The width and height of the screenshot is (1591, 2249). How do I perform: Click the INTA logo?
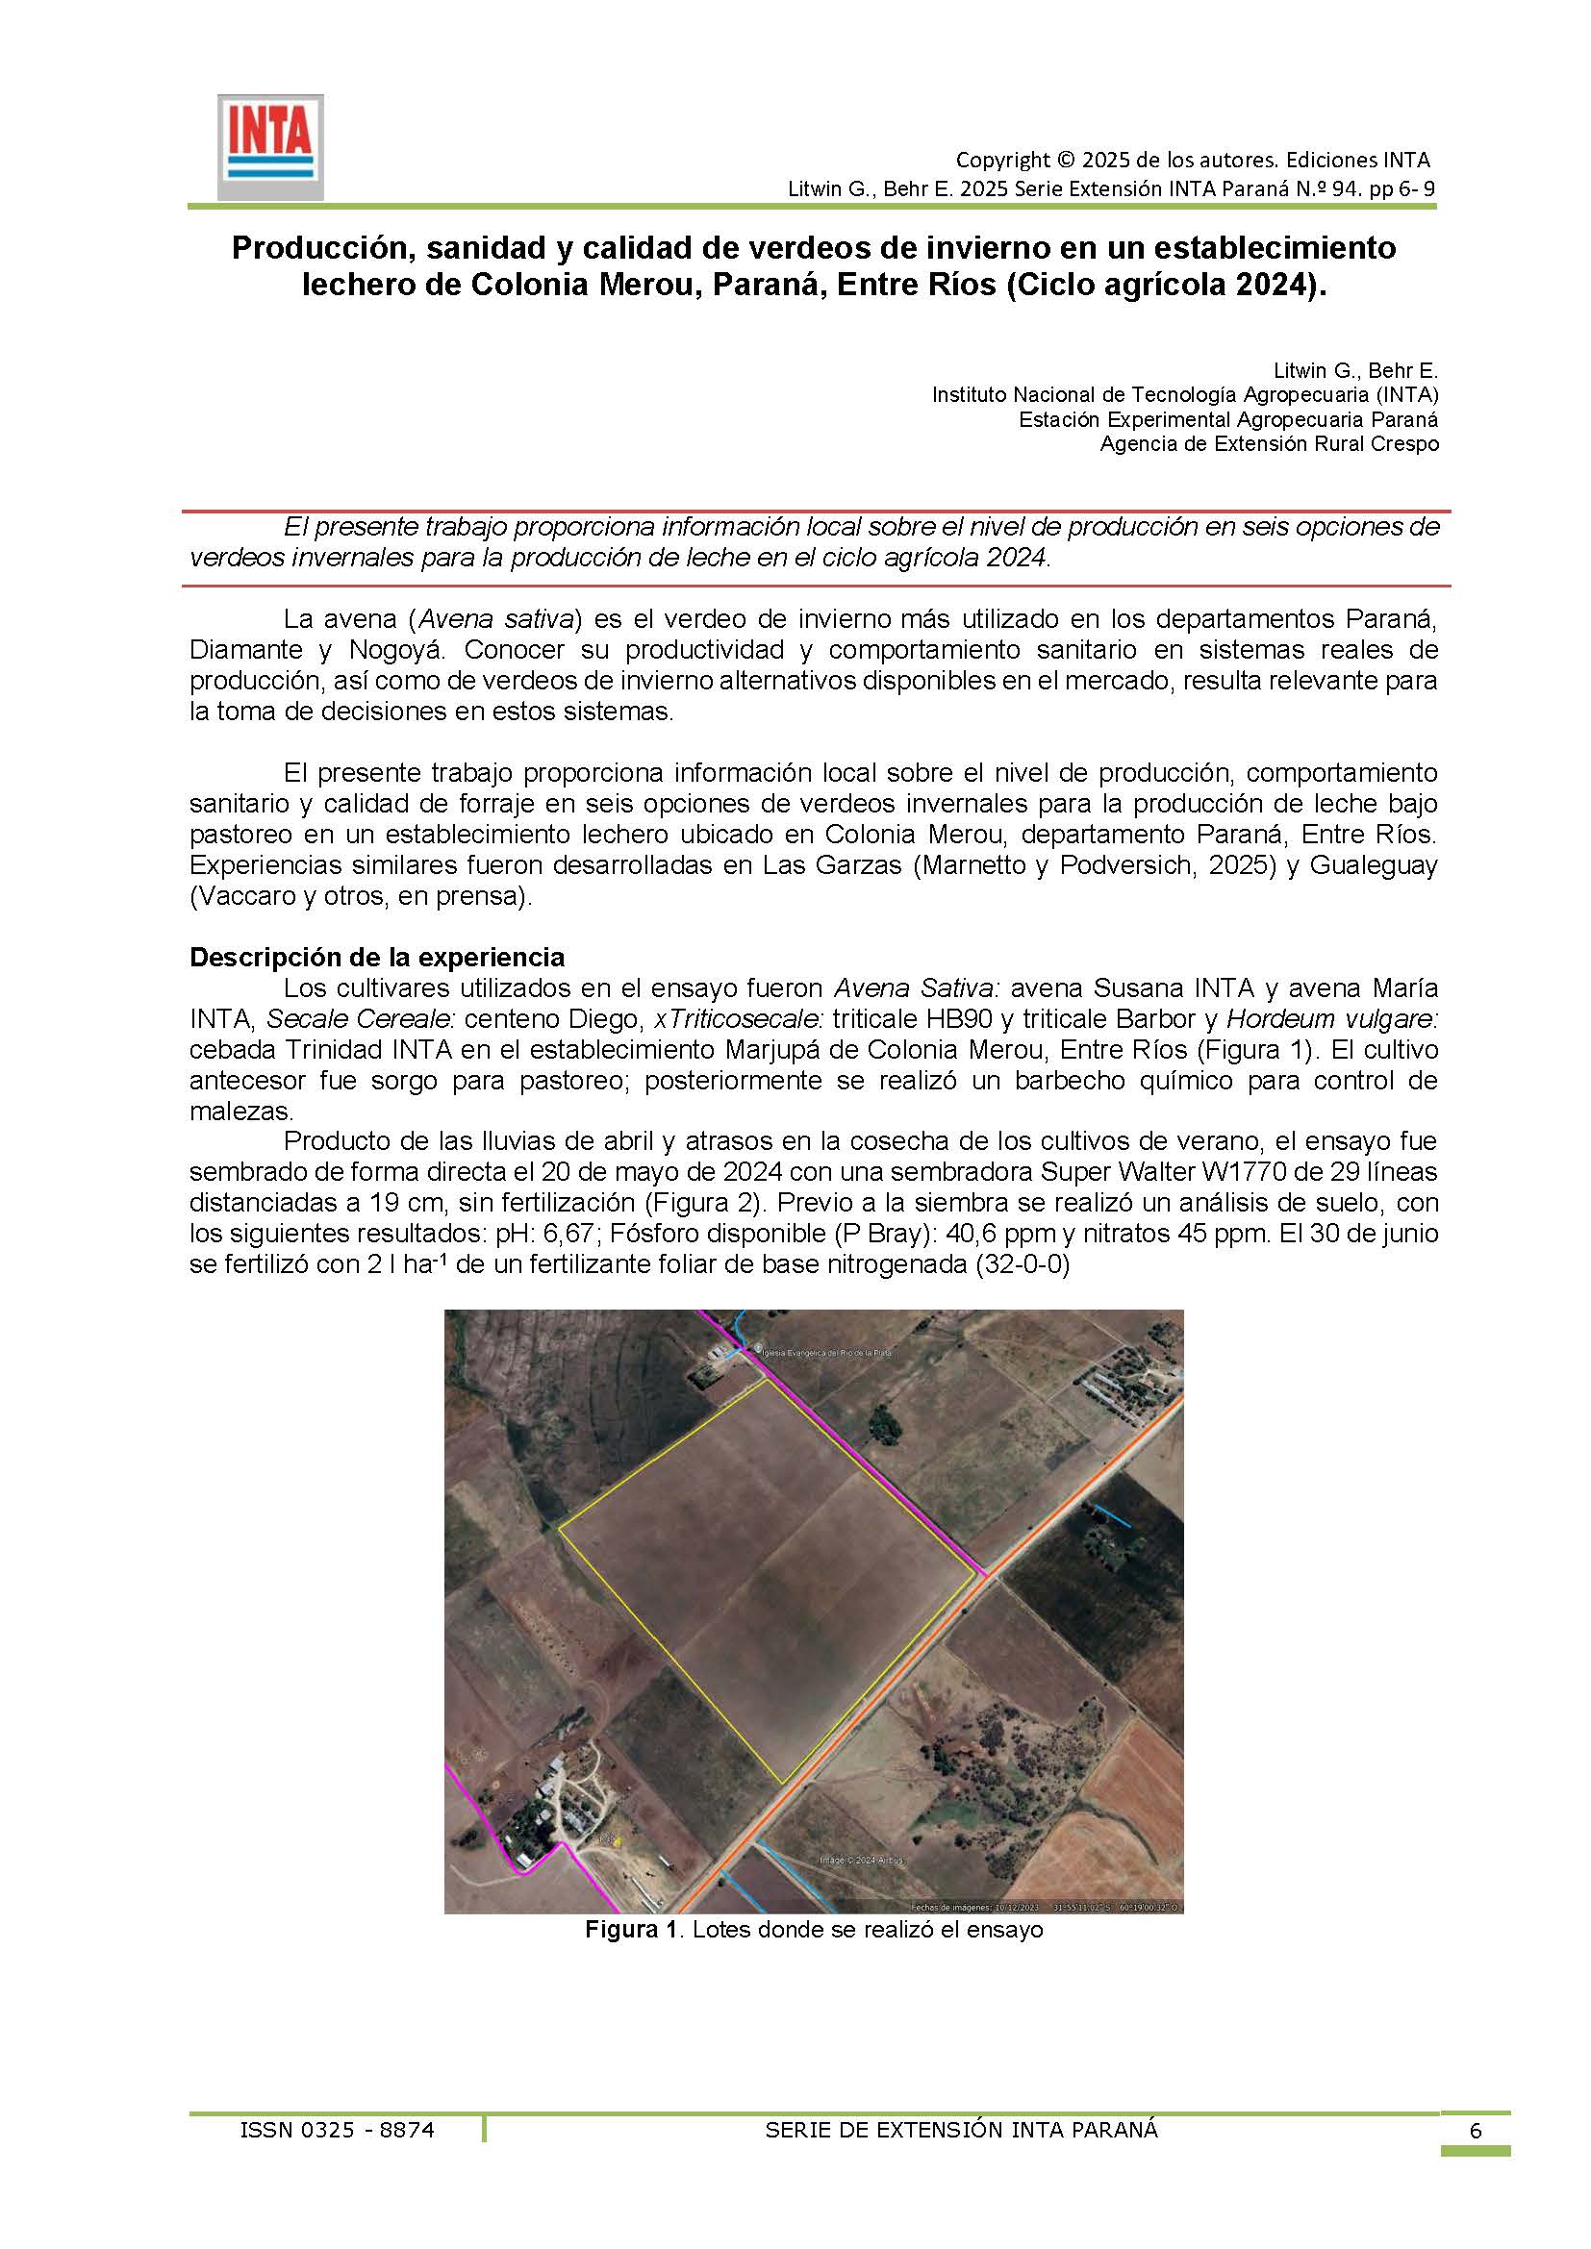pyautogui.click(x=269, y=147)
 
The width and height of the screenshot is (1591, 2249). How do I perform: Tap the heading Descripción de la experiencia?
pyautogui.click(x=377, y=957)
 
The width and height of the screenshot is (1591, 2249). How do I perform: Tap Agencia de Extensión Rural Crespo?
pyautogui.click(x=1269, y=443)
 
